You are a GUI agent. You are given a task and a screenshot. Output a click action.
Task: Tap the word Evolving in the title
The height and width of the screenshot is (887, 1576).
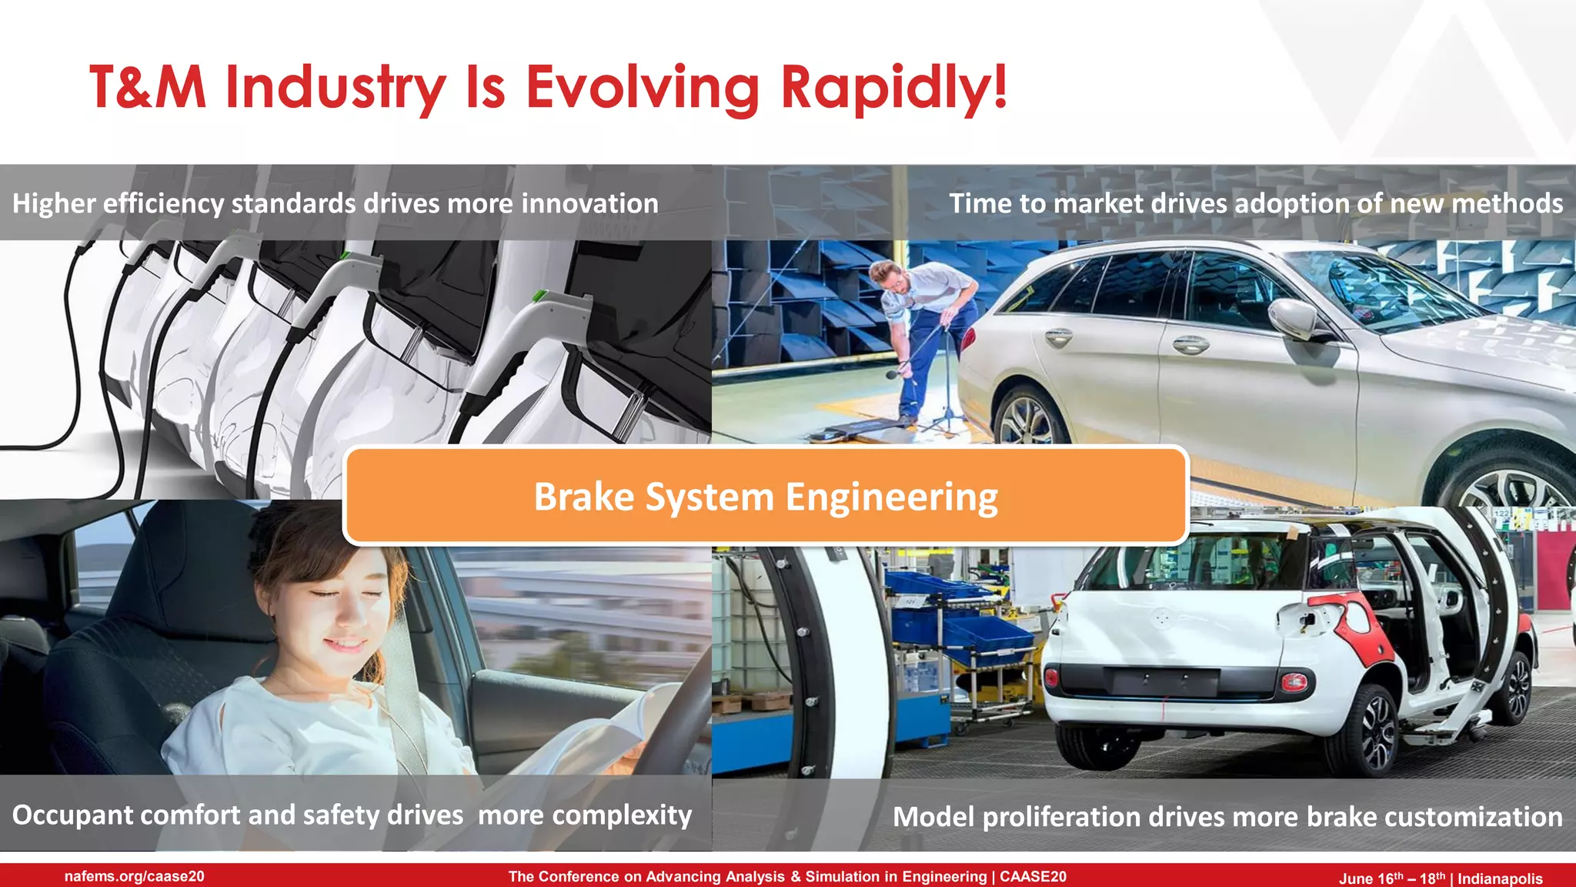point(643,87)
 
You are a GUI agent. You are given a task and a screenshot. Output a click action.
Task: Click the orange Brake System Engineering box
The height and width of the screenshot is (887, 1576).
point(766,497)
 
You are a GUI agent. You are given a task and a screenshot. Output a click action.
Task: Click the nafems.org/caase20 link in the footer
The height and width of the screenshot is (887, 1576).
point(135,876)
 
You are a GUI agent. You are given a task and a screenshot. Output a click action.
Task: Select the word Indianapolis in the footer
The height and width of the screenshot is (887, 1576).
point(1500,879)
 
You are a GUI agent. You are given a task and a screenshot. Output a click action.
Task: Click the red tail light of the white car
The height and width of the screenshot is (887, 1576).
point(1293,681)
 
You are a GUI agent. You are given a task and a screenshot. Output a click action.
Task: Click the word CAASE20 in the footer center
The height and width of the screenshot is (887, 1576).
point(1033,876)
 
